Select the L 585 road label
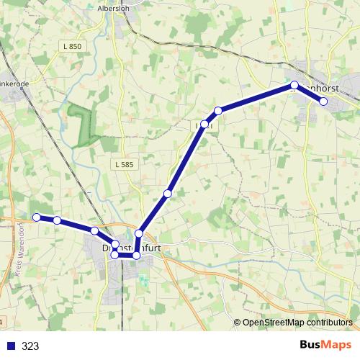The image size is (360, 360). pos(124,165)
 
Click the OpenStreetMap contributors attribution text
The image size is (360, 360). pos(297,323)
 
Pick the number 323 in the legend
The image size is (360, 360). pos(31,346)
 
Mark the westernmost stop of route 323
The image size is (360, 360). pos(36,217)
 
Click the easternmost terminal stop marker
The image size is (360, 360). pos(323,102)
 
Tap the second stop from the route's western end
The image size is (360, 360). pos(57,220)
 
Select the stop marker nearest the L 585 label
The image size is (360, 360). pos(168,193)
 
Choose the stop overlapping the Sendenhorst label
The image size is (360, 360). pos(294,85)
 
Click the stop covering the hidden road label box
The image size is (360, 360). pos(204,125)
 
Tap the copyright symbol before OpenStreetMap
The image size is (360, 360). pos(238,323)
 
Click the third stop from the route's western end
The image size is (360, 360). pos(94,230)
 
